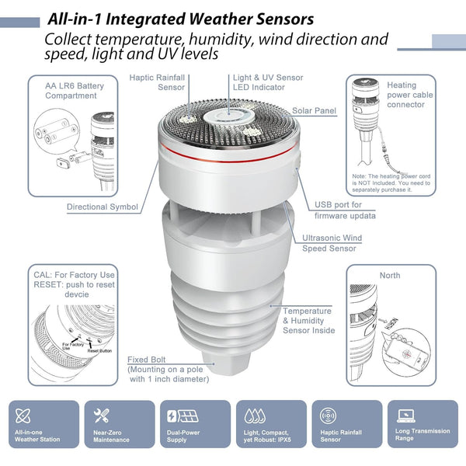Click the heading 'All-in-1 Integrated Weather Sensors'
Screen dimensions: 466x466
click(x=180, y=18)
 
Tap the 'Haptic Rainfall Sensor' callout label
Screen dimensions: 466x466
click(x=160, y=82)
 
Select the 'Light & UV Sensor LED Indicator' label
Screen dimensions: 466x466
click(x=267, y=82)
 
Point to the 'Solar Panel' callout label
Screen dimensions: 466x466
click(x=315, y=111)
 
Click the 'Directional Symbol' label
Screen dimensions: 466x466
click(x=102, y=207)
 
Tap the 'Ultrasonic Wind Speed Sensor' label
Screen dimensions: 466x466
click(x=332, y=243)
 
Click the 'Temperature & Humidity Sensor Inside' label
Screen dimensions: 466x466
click(x=308, y=320)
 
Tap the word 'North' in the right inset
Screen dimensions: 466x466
click(x=391, y=276)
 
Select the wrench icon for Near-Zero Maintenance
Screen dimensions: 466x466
click(x=102, y=416)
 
